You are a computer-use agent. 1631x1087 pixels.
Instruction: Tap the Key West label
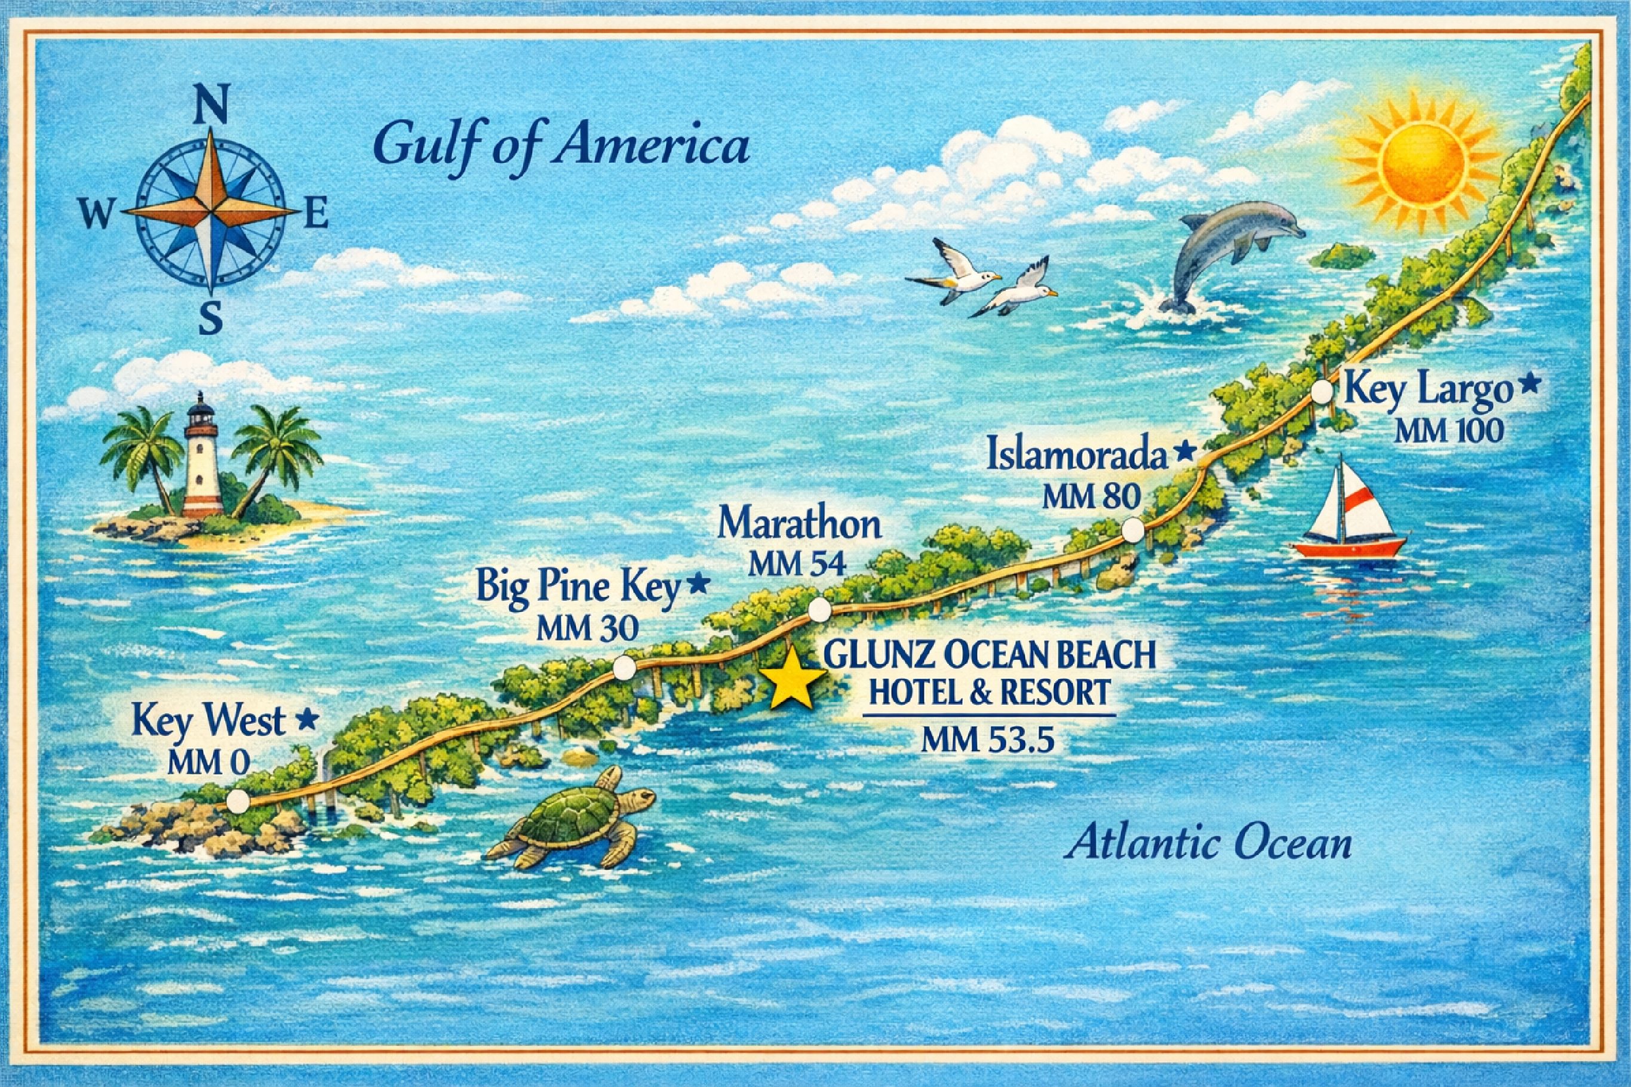[208, 721]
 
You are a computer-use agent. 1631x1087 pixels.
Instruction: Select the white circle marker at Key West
[238, 802]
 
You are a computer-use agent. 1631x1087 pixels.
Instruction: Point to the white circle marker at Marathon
[820, 610]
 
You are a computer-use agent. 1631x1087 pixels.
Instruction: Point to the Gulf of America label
[560, 148]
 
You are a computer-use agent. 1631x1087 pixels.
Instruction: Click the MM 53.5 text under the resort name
[988, 741]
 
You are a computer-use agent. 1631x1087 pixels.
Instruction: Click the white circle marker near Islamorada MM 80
[1132, 530]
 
